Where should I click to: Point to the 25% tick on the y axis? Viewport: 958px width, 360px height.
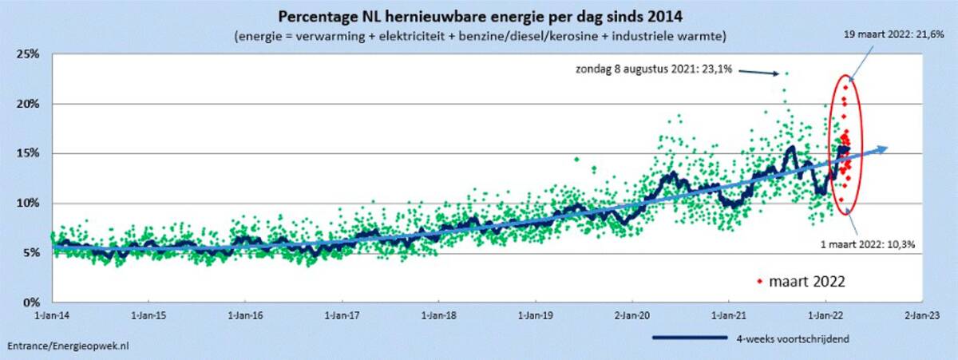pyautogui.click(x=30, y=54)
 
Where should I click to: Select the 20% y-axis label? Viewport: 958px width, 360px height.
pyautogui.click(x=30, y=104)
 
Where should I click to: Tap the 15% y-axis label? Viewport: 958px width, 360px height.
pyautogui.click(x=30, y=153)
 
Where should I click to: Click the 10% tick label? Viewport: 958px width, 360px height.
pyautogui.click(x=30, y=203)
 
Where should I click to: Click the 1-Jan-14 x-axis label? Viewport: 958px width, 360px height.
pyautogui.click(x=53, y=314)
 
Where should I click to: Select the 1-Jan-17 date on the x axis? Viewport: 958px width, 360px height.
pyautogui.click(x=342, y=314)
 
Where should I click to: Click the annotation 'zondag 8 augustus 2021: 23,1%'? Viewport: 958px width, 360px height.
pyautogui.click(x=654, y=70)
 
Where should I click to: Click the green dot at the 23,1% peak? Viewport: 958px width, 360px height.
pyautogui.click(x=786, y=73)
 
